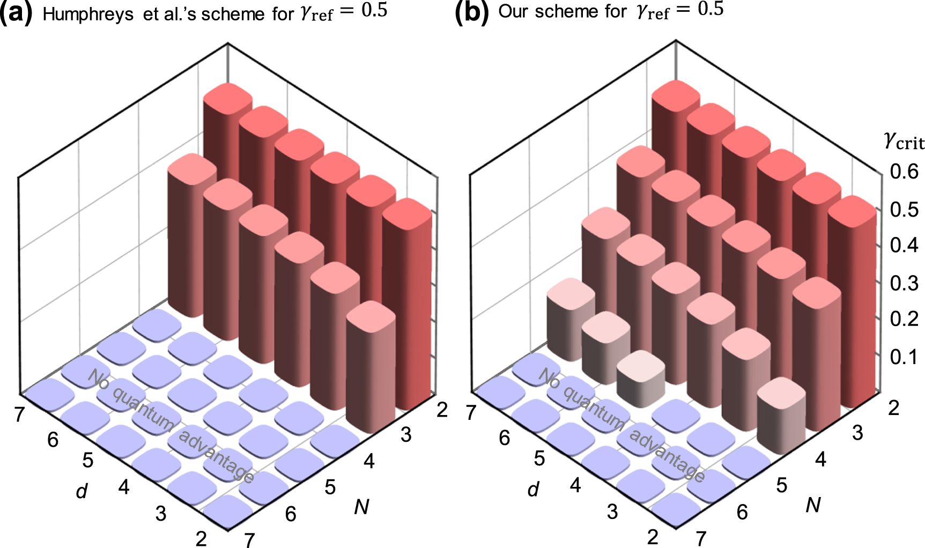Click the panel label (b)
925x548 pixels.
point(471,12)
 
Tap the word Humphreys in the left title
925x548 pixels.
point(88,14)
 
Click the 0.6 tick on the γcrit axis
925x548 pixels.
point(904,172)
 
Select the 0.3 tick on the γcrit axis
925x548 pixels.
point(904,283)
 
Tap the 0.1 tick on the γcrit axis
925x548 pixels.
point(904,357)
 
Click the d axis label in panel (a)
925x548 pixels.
point(82,490)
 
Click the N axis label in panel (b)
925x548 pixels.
point(813,505)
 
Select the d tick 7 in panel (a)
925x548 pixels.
point(20,414)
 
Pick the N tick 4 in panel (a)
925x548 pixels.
point(369,461)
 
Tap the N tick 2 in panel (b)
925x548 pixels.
point(893,408)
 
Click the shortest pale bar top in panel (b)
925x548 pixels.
point(641,365)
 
